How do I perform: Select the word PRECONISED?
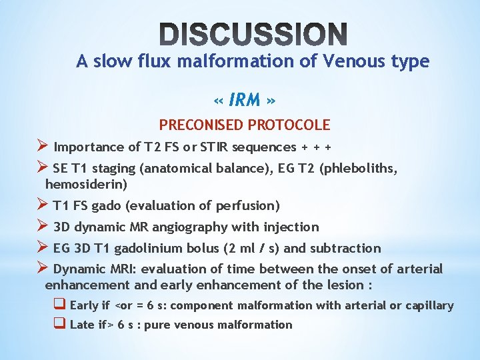[x=201, y=125]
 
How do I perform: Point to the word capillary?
[x=429, y=305]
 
